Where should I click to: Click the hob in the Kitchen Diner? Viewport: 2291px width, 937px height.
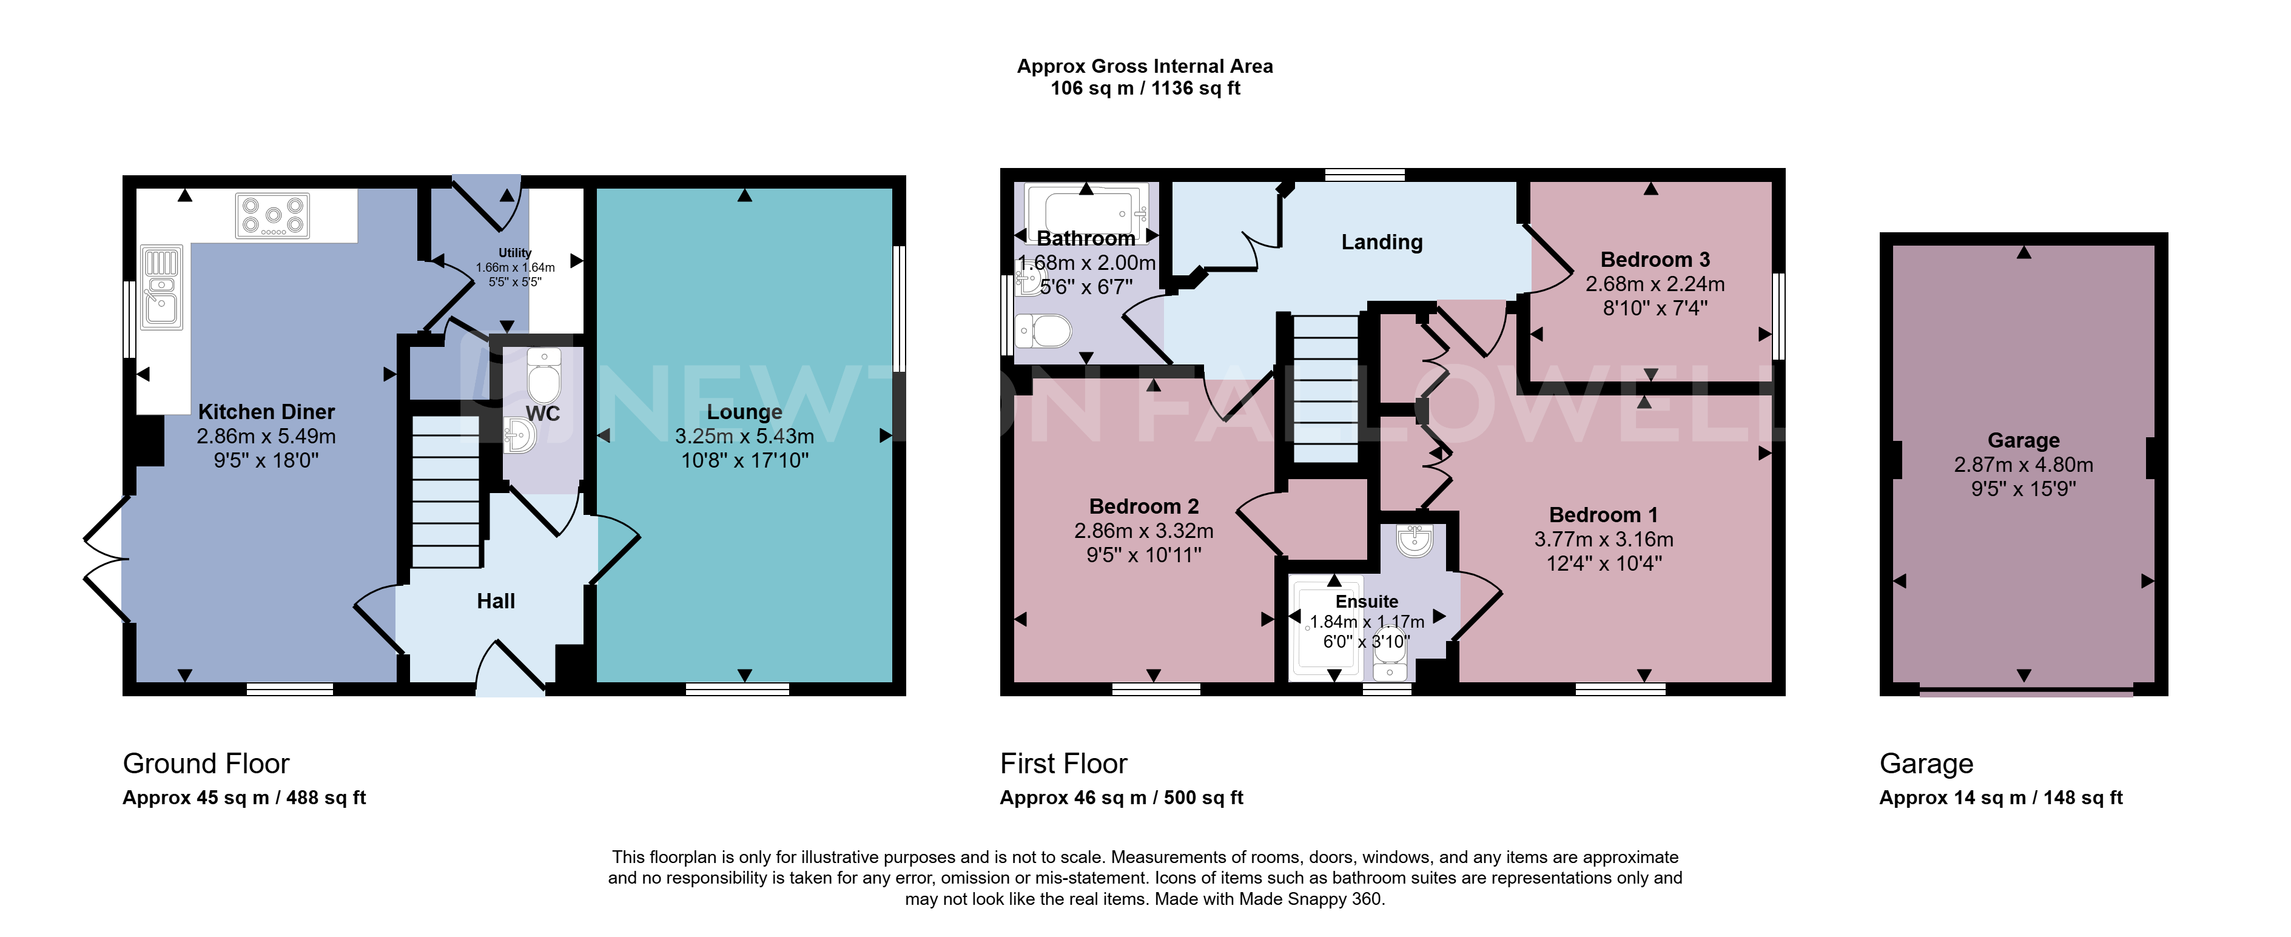click(x=273, y=216)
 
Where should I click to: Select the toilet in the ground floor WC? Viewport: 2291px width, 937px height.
click(x=543, y=374)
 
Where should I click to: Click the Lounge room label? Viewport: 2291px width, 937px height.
click(x=744, y=412)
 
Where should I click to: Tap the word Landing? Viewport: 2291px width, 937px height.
click(x=1382, y=242)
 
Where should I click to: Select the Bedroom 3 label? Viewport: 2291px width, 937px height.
click(x=1655, y=260)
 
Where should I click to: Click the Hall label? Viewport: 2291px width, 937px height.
click(x=496, y=601)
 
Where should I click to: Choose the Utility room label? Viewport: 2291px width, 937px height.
click(x=515, y=252)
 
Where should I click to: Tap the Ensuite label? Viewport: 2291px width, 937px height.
click(x=1367, y=601)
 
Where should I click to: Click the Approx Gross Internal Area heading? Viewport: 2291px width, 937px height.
click(x=1145, y=65)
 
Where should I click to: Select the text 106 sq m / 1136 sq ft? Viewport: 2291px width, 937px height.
click(x=1145, y=88)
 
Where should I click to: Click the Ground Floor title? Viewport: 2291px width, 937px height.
click(x=206, y=764)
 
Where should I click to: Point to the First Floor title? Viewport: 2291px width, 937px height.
click(x=1064, y=764)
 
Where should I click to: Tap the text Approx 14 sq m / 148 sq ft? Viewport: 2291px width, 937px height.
click(x=2001, y=798)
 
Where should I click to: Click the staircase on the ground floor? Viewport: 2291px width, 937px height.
click(x=446, y=492)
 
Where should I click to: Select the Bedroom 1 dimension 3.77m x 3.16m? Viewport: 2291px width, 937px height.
click(x=1604, y=539)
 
